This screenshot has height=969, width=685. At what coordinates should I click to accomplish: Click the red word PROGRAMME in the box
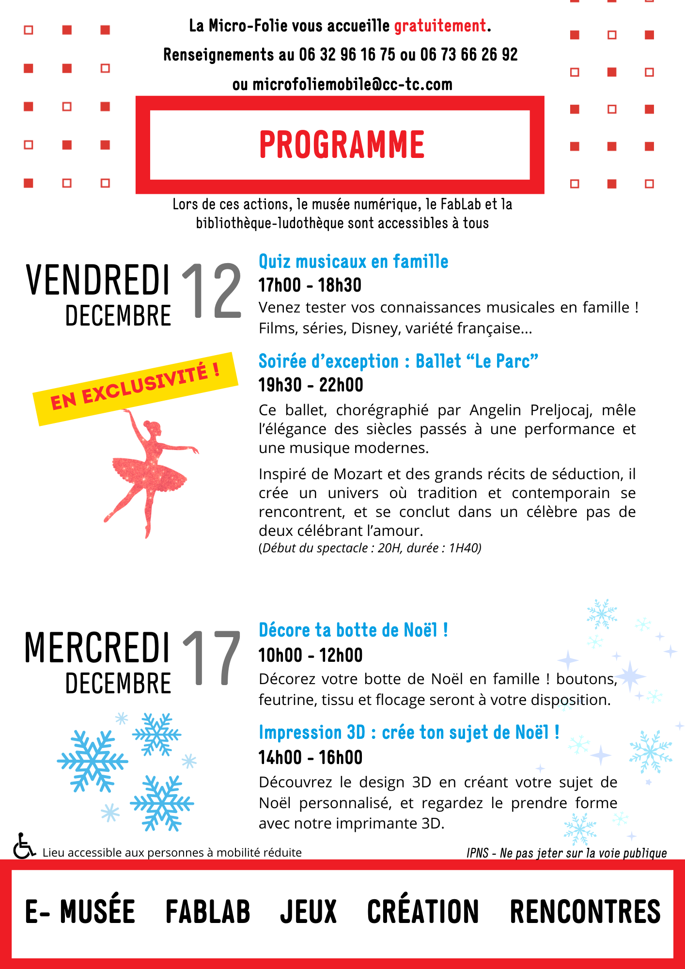coord(342,144)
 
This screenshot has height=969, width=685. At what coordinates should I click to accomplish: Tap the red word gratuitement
coord(440,26)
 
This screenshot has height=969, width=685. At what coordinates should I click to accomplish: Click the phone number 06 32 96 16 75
coord(347,55)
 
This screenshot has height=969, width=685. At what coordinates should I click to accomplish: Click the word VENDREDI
coord(98,281)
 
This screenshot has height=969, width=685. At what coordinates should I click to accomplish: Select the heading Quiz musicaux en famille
coord(353,262)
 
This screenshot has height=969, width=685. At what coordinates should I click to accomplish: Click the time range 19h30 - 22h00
coord(311,385)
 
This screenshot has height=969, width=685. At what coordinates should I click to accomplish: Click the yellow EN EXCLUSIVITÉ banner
coord(135,388)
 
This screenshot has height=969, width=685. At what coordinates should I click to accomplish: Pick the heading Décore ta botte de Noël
coord(353,630)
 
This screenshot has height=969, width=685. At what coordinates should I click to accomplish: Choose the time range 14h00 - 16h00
coord(311,758)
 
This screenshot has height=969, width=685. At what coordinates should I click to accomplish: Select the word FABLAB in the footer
coord(208,912)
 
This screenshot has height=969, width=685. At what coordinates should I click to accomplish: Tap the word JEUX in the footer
coord(308,912)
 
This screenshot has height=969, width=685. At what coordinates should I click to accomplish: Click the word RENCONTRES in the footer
coord(585,912)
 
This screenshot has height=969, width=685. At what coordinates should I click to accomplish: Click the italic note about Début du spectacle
coord(370,548)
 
